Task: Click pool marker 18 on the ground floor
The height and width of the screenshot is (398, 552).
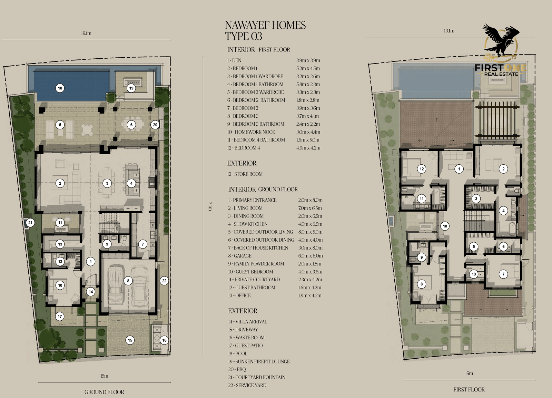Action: (x=60, y=88)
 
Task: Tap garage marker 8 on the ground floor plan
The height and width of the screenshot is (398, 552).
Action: (x=128, y=281)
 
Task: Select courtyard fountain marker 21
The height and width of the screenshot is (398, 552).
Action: (x=30, y=223)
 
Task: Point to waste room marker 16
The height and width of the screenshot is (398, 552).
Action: (x=164, y=340)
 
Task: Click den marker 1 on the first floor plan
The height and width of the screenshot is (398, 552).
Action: (x=459, y=169)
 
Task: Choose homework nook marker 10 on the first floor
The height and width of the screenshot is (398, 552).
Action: (x=445, y=226)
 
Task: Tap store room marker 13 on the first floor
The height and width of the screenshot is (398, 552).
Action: (x=474, y=274)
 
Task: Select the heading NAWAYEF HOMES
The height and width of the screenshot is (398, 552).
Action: (x=265, y=25)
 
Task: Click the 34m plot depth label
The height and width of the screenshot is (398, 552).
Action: (x=210, y=206)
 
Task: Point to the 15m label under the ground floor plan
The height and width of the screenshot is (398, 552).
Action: (x=104, y=376)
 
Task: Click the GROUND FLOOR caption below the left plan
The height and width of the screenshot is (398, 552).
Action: (x=104, y=392)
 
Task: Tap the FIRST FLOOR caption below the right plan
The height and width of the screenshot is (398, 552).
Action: (x=469, y=389)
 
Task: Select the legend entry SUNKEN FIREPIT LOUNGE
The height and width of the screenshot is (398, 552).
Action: (x=263, y=361)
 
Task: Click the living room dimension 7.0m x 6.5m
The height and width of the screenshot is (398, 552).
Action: (x=310, y=208)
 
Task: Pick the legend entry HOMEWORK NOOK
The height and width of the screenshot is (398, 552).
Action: (x=255, y=132)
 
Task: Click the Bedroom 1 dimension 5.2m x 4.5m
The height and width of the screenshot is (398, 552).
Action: (x=308, y=68)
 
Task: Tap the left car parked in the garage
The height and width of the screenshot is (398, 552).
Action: (x=115, y=285)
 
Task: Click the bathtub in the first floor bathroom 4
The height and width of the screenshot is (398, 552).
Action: (x=512, y=229)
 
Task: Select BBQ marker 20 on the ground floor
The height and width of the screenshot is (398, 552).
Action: (x=155, y=125)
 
